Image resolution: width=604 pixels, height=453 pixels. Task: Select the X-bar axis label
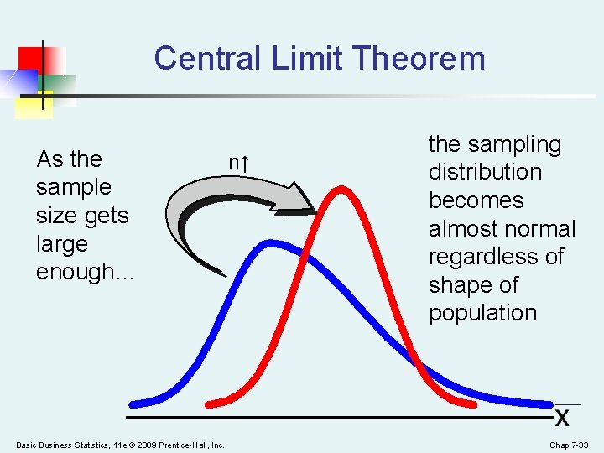pyautogui.click(x=562, y=414)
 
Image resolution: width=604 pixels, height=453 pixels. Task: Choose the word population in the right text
pyautogui.click(x=482, y=313)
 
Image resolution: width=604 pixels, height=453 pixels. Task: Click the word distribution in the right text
pyautogui.click(x=485, y=172)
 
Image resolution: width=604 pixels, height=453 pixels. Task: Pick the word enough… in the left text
pyautogui.click(x=84, y=272)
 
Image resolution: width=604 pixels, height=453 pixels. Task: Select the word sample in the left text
pyautogui.click(x=73, y=187)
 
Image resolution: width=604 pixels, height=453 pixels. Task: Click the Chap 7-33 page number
pyautogui.click(x=569, y=445)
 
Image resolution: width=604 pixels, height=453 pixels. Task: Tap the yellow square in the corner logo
pyautogui.click(x=33, y=104)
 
